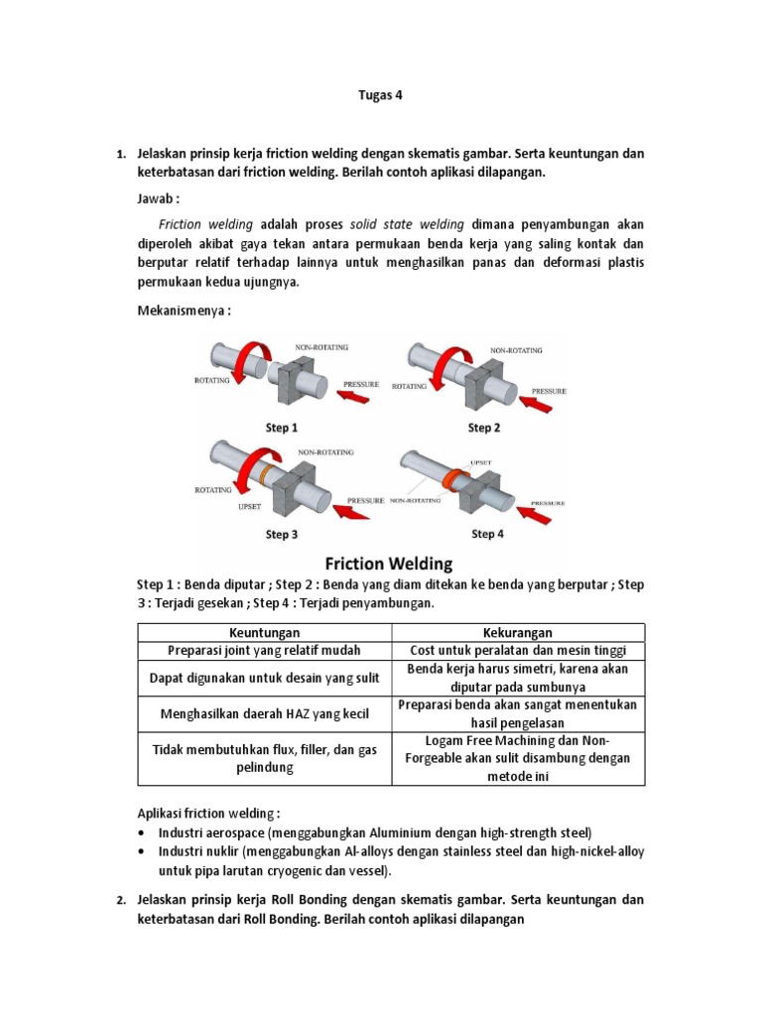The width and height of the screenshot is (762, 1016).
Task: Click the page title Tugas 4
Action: point(380,96)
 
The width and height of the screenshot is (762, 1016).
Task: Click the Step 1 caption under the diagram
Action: point(281,428)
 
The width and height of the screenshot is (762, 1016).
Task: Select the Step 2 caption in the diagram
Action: point(484,428)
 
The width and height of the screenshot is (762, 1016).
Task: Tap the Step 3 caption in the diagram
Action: point(281,534)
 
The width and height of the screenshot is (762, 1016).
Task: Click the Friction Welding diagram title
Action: point(382,564)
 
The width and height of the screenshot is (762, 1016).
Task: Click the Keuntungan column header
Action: point(264,632)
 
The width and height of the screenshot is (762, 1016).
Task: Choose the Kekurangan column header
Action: point(519,632)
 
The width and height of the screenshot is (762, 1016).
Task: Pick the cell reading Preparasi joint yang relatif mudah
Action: point(264,650)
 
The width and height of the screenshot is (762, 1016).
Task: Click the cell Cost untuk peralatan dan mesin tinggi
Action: point(519,650)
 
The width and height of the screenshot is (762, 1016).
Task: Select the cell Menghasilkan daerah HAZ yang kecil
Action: point(264,713)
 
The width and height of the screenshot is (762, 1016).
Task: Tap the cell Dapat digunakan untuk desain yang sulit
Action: point(264,678)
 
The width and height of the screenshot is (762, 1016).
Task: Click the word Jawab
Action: point(158,199)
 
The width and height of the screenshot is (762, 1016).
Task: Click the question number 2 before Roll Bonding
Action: point(119,900)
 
